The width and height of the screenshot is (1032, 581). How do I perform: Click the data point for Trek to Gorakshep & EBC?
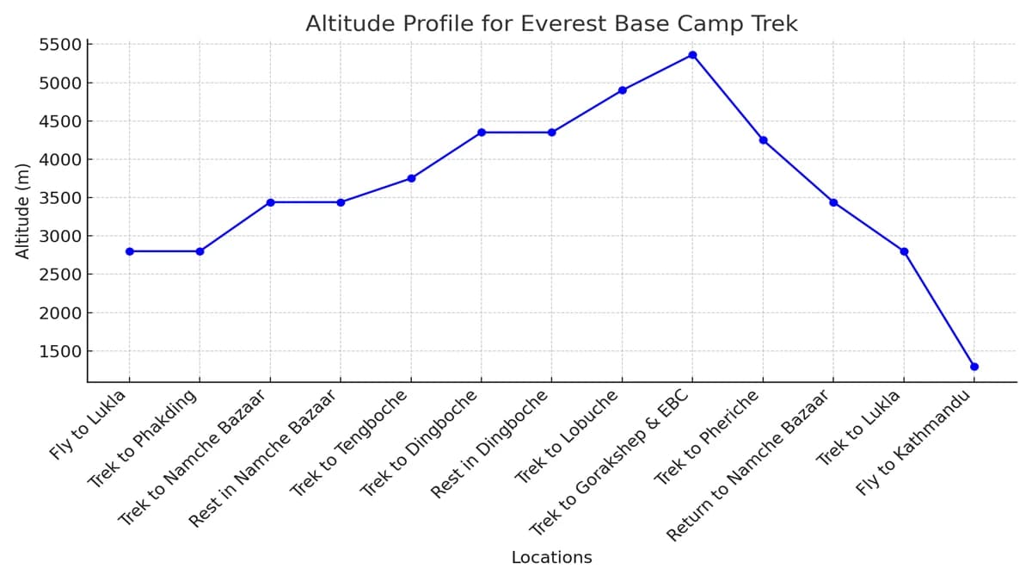tap(692, 55)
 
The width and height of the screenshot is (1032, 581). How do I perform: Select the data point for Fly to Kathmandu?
tap(974, 367)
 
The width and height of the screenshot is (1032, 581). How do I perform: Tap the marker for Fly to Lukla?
tap(129, 251)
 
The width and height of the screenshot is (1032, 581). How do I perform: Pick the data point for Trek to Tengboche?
tap(411, 178)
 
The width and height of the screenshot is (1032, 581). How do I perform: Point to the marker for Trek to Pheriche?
tap(763, 140)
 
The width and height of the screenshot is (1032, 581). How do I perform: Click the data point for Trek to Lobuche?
tap(622, 90)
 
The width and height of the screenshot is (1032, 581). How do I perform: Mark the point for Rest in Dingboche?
tap(551, 133)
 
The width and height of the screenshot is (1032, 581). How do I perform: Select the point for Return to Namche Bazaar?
tap(833, 202)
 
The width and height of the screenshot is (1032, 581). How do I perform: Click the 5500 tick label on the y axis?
tap(60, 45)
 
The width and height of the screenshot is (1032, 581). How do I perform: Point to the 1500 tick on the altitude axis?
tap(60, 351)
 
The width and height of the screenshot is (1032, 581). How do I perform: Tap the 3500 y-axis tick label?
tap(60, 198)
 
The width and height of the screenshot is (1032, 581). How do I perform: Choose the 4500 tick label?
tap(60, 121)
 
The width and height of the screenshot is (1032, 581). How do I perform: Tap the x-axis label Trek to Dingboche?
tap(420, 442)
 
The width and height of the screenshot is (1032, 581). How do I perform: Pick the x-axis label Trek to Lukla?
tap(858, 428)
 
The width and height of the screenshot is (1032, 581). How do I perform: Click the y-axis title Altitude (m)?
tap(23, 210)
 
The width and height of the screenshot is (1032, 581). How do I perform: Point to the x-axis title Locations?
tap(551, 558)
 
